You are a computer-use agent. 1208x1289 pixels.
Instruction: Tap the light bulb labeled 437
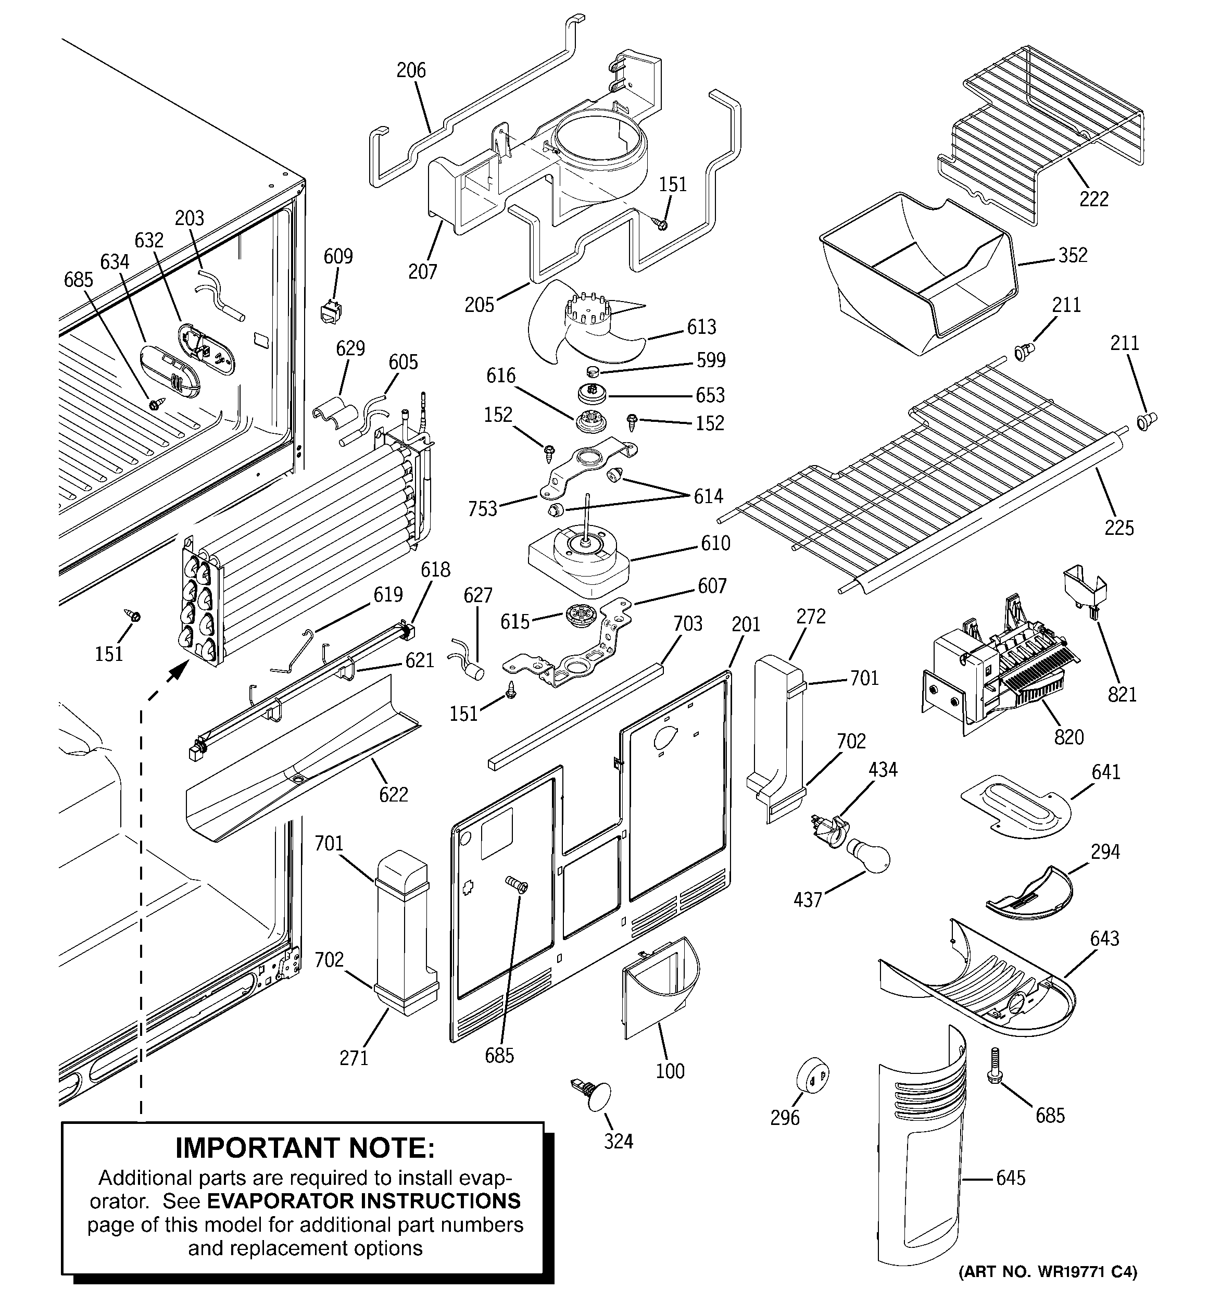pos(867,858)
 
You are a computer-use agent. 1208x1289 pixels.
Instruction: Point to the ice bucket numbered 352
pos(914,272)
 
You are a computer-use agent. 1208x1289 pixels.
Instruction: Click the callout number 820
pos(1068,737)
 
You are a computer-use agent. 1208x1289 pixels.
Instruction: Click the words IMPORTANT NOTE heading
pos(305,1148)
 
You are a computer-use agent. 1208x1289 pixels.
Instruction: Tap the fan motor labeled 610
pos(579,559)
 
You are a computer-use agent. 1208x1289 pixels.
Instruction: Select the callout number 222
pos(1094,198)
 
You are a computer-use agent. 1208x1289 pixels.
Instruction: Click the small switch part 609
pos(330,312)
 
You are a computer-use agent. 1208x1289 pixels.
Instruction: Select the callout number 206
pos(411,70)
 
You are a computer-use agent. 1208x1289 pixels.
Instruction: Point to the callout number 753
pos(483,508)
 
